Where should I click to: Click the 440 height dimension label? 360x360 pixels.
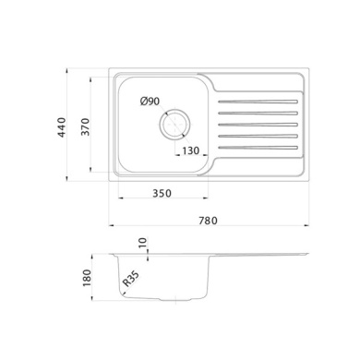pyautogui.click(x=62, y=127)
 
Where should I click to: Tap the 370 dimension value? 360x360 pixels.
pyautogui.click(x=85, y=126)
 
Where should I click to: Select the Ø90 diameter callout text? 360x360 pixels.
pyautogui.click(x=150, y=101)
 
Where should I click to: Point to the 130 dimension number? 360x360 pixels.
pyautogui.click(x=191, y=150)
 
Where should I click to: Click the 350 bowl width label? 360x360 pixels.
pyautogui.click(x=162, y=193)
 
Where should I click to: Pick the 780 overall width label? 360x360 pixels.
pyautogui.click(x=208, y=221)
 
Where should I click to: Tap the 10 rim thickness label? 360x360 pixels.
pyautogui.click(x=144, y=243)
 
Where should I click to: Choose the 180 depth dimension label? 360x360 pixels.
pyautogui.click(x=87, y=278)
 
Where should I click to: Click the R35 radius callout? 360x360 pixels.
pyautogui.click(x=131, y=279)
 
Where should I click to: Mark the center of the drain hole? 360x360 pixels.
pyautogui.click(x=174, y=124)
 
